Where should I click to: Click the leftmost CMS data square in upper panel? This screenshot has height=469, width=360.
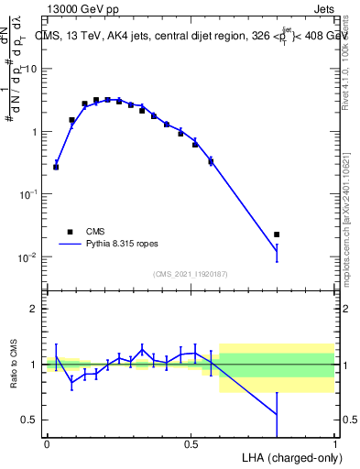pyautogui.click(x=56, y=167)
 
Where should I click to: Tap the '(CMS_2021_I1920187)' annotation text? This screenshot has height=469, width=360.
pyautogui.click(x=191, y=273)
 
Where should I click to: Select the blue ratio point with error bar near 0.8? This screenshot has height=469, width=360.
pyautogui.click(x=277, y=414)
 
